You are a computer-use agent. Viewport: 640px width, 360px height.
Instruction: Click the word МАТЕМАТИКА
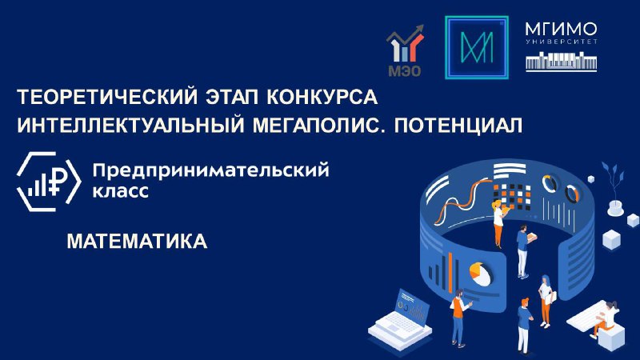[137, 242]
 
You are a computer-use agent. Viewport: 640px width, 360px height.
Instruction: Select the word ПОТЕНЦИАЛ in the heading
[458, 126]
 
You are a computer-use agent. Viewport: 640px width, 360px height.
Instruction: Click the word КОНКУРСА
[322, 97]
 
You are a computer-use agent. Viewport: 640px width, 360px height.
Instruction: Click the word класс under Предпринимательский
[121, 191]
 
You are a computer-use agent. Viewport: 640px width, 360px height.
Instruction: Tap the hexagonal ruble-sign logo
[49, 182]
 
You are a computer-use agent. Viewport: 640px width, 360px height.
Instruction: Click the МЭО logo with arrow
[405, 50]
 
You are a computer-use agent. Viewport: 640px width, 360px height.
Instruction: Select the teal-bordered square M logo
[476, 47]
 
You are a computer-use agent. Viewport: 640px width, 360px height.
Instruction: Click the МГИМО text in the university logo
[562, 30]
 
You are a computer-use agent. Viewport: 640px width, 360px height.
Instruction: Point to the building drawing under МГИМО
[562, 62]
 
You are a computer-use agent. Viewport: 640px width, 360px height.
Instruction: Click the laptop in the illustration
[400, 315]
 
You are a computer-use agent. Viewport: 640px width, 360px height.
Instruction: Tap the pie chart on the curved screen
[480, 274]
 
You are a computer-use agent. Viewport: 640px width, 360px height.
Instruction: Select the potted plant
[614, 188]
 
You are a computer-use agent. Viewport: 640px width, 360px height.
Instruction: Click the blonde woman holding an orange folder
[499, 222]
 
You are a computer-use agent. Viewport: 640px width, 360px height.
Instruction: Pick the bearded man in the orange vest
[458, 318]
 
